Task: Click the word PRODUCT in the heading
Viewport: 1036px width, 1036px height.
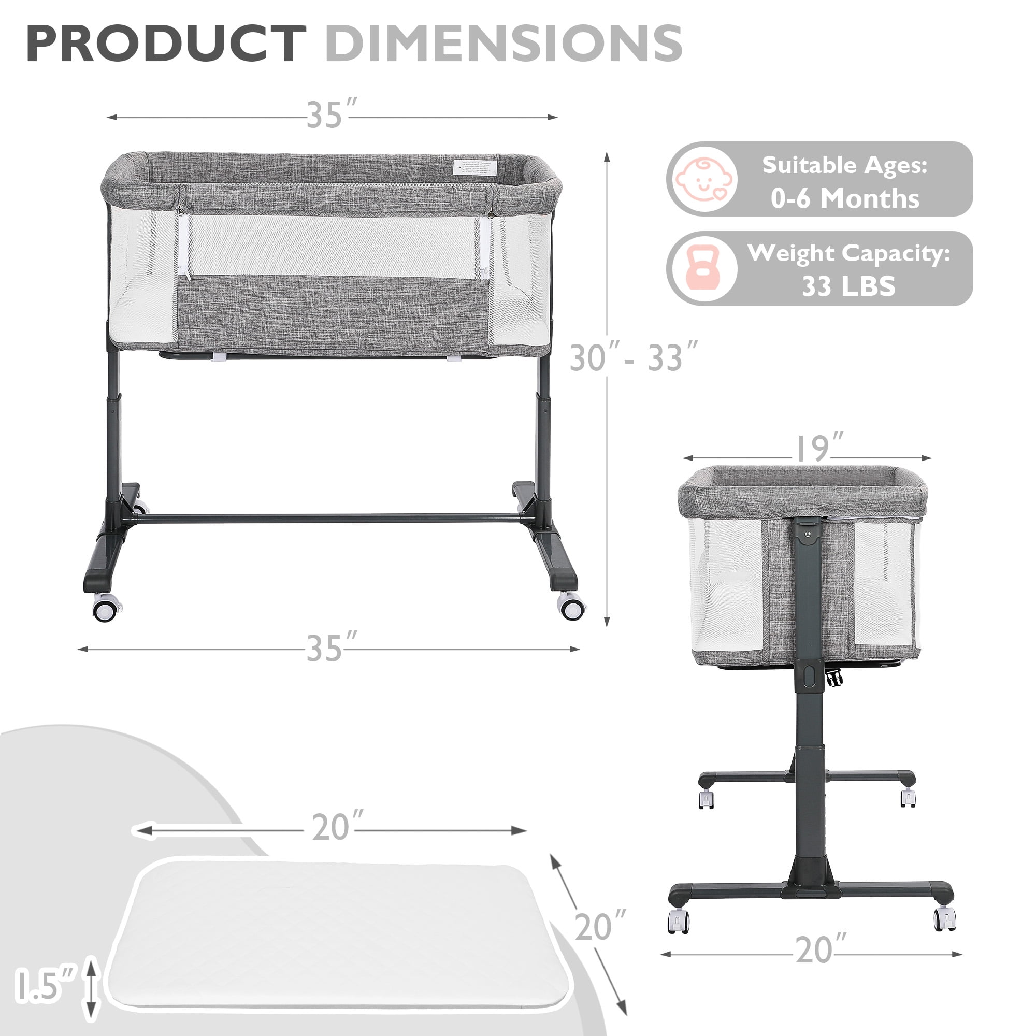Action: point(166,44)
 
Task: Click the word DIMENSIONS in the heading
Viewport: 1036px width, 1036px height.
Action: point(503,44)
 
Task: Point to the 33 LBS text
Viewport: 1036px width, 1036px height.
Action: point(848,286)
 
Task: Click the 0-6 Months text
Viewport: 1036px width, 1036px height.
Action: point(845,198)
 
